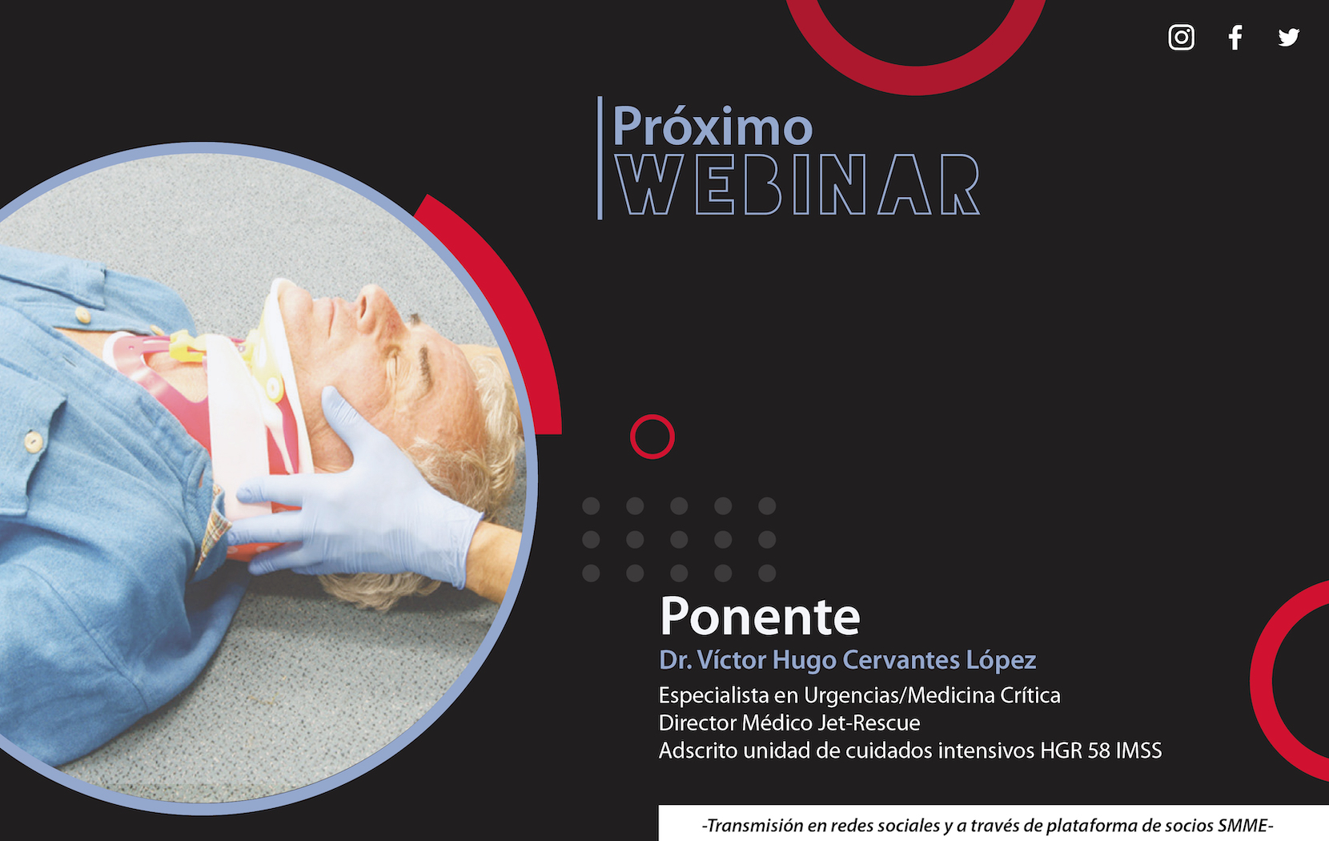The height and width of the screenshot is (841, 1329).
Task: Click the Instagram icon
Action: [x=1181, y=38]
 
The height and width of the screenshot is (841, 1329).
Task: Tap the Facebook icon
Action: [x=1235, y=38]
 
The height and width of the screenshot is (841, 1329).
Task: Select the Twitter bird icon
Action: [x=1289, y=38]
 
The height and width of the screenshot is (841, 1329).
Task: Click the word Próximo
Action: [x=713, y=127]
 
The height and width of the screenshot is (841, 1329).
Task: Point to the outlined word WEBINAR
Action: [x=797, y=184]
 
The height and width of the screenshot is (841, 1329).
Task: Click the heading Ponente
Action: [x=760, y=616]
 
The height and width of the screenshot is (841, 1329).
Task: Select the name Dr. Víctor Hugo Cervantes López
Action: [x=848, y=660]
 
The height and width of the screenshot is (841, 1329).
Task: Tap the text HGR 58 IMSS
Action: [x=1101, y=750]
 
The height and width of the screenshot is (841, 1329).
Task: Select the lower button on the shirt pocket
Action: [x=34, y=441]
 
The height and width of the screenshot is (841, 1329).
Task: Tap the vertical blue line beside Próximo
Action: [x=600, y=158]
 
